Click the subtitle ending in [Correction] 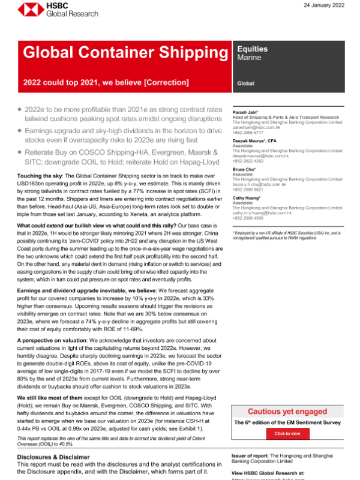[x=106, y=82]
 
